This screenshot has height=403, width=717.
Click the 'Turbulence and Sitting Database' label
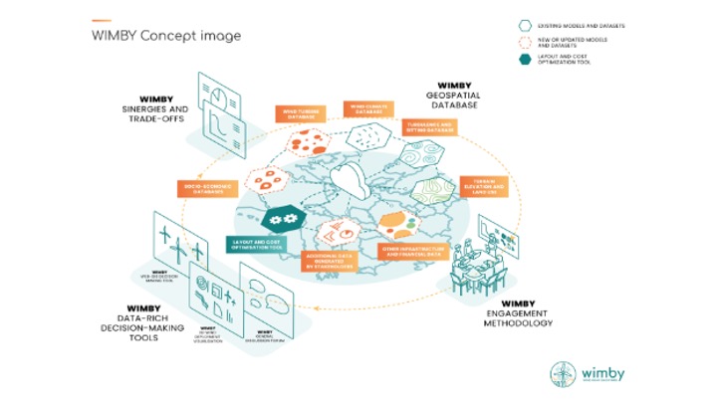tap(431, 127)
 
